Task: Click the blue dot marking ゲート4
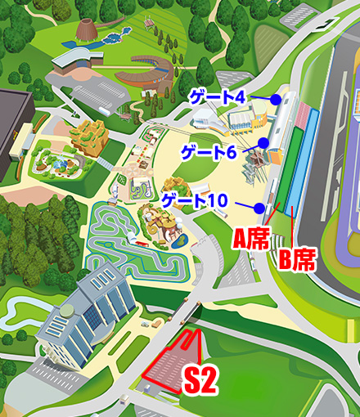(x=276, y=99)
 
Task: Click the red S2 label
(x=199, y=381)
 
